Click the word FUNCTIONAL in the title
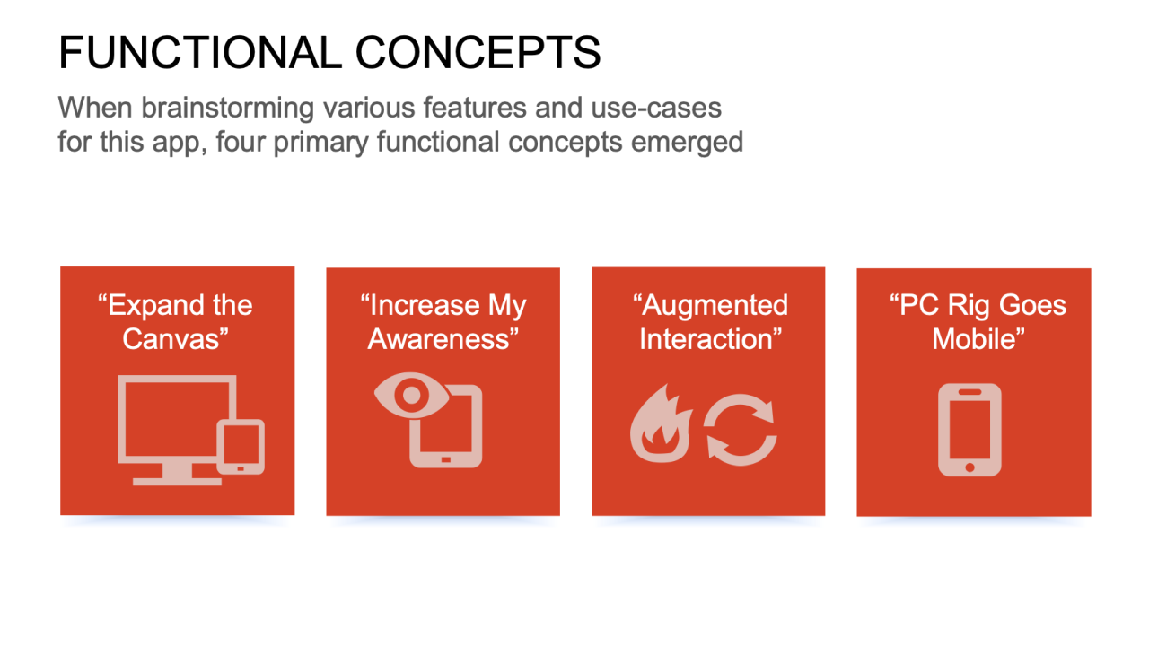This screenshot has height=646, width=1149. (x=200, y=52)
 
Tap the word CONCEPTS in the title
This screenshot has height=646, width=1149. (x=478, y=52)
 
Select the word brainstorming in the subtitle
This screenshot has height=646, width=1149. (x=227, y=109)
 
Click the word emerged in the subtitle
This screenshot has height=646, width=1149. (x=687, y=143)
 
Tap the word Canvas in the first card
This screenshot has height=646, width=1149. (x=171, y=339)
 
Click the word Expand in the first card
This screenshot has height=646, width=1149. (x=156, y=306)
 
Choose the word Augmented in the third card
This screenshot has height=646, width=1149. (x=715, y=306)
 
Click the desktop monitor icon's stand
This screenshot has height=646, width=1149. (x=178, y=475)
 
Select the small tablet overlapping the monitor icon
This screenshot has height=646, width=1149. (x=241, y=447)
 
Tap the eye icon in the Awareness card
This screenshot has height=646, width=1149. (x=412, y=395)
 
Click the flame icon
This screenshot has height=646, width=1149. (x=662, y=424)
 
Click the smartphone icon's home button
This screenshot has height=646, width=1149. (x=969, y=467)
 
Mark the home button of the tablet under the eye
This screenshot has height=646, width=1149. (x=446, y=460)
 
